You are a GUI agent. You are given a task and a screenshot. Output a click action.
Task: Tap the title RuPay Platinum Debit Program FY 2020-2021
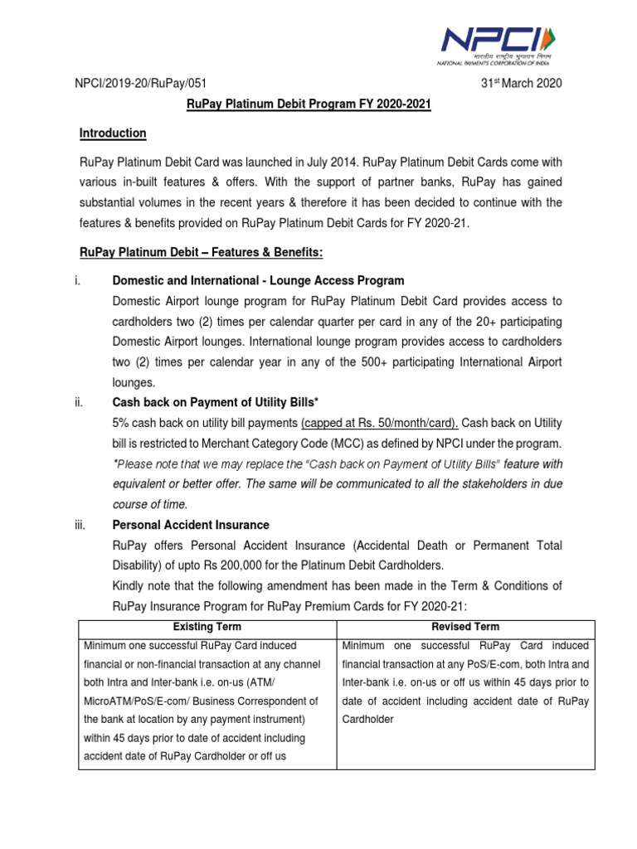[x=307, y=106]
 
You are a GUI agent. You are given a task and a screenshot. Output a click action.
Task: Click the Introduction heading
[x=113, y=133]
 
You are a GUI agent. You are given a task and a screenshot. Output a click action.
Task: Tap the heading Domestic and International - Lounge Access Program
[x=258, y=280]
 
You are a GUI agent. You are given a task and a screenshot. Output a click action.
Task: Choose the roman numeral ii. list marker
[x=82, y=402]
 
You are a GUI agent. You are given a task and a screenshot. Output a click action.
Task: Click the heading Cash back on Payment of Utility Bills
[x=215, y=402]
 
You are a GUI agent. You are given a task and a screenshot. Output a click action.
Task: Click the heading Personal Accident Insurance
[x=191, y=525]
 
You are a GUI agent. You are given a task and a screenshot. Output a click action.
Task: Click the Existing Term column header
[x=207, y=627]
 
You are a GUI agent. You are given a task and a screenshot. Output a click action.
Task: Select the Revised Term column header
[x=465, y=627]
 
